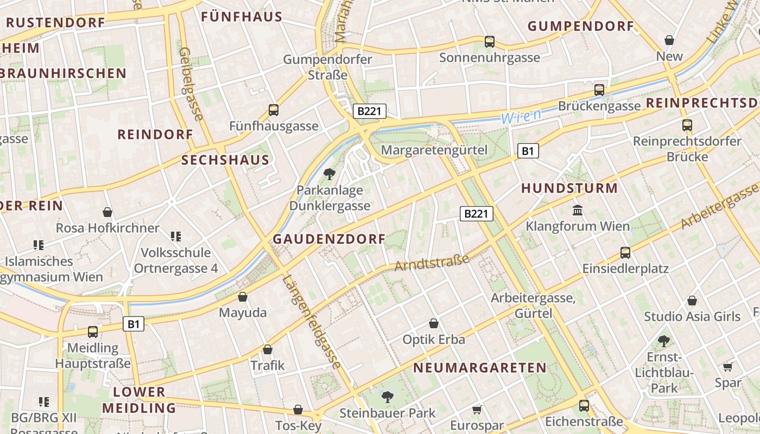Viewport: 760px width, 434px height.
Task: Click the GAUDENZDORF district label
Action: tap(329, 239)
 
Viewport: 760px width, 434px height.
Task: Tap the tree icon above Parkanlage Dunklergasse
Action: tap(329, 174)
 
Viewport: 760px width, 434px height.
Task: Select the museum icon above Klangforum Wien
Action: tap(578, 210)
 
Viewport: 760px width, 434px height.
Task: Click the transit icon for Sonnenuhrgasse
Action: tap(490, 41)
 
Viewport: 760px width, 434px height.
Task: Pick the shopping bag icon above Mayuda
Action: tap(243, 297)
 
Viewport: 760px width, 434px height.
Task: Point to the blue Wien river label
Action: tap(521, 116)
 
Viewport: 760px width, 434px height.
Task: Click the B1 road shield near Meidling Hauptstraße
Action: tap(134, 324)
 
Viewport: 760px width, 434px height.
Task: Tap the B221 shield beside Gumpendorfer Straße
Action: tap(369, 111)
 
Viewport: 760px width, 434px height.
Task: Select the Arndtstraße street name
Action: tap(432, 263)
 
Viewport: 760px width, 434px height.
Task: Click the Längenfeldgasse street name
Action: tap(312, 323)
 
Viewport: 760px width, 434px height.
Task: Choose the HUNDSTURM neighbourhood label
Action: tap(569, 188)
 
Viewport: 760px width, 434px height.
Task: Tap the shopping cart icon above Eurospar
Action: tap(477, 410)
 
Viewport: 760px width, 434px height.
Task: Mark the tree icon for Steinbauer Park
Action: tap(388, 397)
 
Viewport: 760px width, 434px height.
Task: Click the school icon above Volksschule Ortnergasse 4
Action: tap(175, 236)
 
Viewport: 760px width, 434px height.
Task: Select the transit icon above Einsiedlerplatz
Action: tap(625, 252)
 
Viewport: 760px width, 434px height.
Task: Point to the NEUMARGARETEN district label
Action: tap(480, 367)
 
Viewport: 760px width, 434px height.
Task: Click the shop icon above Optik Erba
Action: tap(434, 323)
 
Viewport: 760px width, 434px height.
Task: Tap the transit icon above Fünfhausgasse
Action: tap(274, 110)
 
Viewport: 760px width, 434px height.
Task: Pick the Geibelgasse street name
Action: tap(191, 84)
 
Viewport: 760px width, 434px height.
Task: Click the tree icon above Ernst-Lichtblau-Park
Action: tap(663, 341)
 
